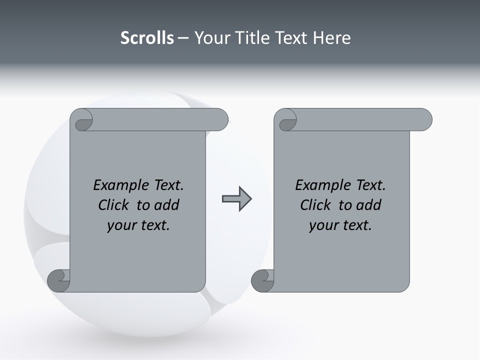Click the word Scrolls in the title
[x=147, y=38]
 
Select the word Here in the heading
[x=331, y=38]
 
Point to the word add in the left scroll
[x=167, y=205]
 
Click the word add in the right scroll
[x=369, y=205]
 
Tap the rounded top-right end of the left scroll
[x=220, y=120]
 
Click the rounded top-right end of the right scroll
[x=424, y=120]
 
